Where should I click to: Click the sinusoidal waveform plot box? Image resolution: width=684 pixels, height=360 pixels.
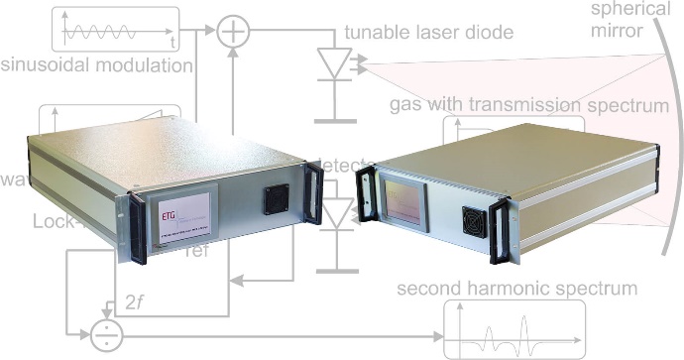(115, 29)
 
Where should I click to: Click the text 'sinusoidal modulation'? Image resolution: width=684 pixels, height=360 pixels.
(96, 66)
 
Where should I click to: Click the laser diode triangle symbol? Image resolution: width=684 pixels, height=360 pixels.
(334, 63)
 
